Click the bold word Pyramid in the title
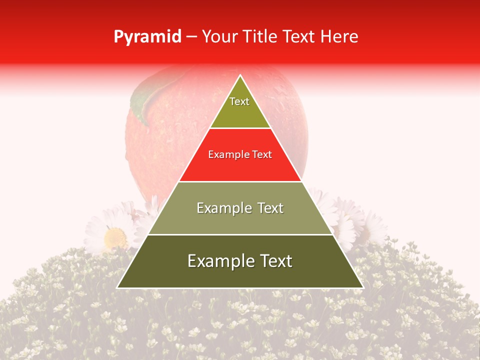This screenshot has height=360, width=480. tap(147, 37)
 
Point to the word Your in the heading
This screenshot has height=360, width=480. tap(219, 37)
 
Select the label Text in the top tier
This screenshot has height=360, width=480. tap(239, 101)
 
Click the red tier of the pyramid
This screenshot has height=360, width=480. tap(240, 167)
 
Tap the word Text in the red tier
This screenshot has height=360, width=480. tap(261, 154)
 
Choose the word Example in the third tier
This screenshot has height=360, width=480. tap(223, 208)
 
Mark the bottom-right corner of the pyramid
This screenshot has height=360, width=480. tap(362, 287)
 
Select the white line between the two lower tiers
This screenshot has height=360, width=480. tap(240, 234)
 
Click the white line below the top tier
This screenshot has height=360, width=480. tap(240, 128)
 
